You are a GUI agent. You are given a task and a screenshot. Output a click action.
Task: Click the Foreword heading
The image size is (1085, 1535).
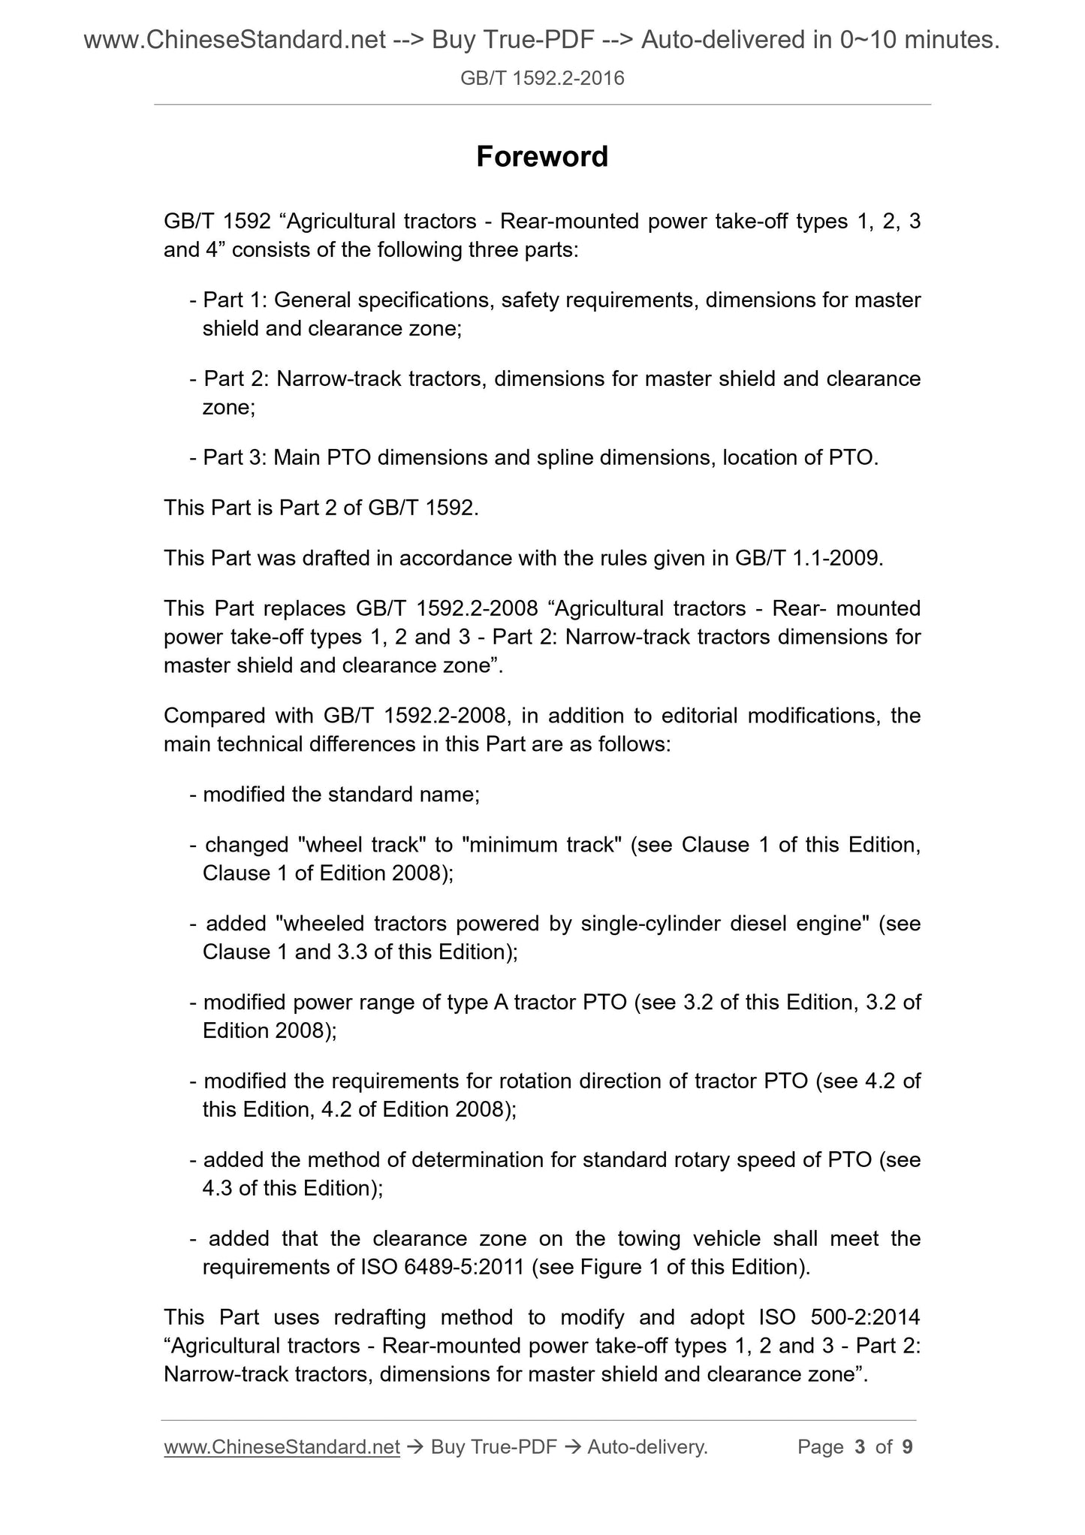[542, 157]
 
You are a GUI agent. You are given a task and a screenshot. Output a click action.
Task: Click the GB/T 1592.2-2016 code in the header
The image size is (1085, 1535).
[542, 77]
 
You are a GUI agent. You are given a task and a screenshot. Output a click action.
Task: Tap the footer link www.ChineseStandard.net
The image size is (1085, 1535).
[282, 1446]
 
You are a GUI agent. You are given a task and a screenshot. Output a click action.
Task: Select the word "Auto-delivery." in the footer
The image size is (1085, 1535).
[648, 1446]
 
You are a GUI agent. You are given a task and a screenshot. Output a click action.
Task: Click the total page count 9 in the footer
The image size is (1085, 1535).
[907, 1446]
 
